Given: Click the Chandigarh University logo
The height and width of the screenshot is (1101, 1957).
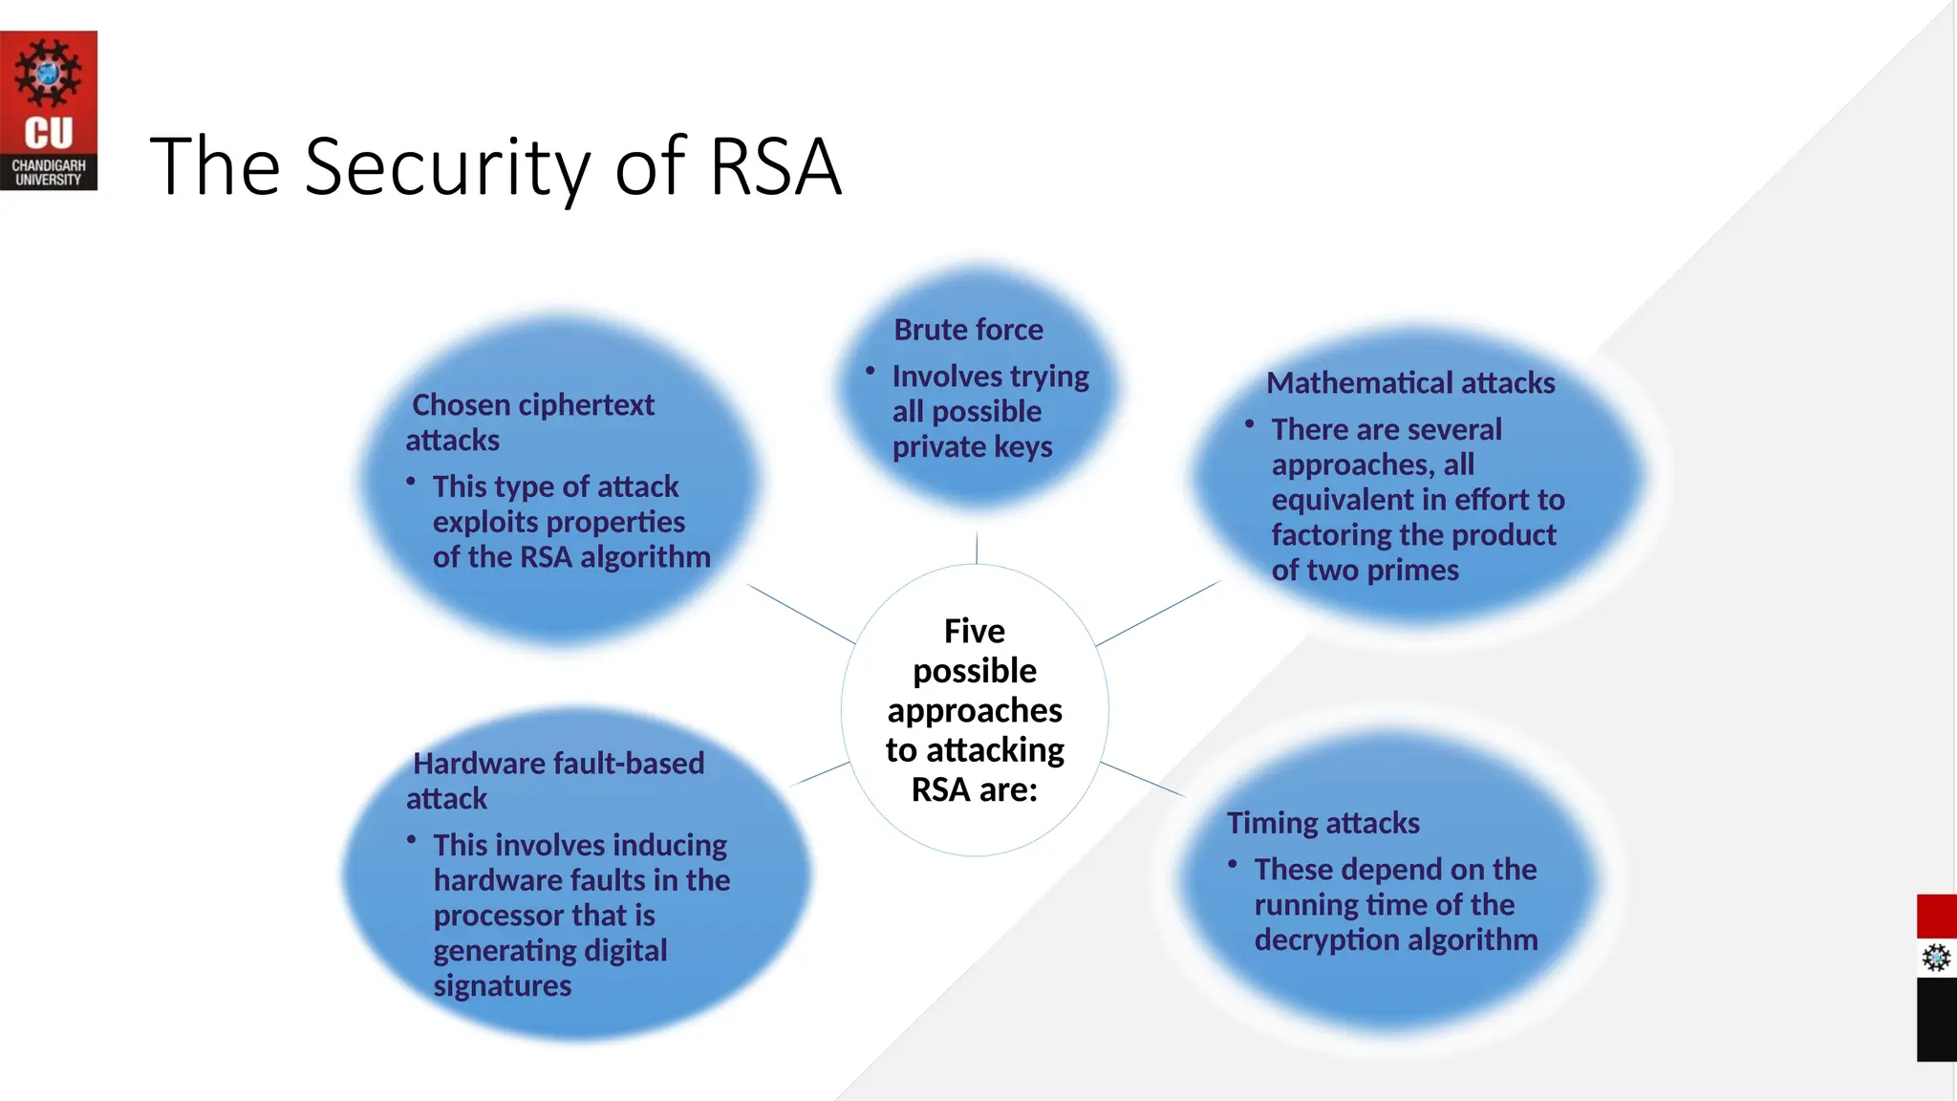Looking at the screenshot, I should point(49,111).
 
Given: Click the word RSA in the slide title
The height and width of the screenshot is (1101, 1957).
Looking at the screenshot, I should point(775,167).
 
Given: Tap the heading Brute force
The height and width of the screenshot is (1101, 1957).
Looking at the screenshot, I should point(968,330).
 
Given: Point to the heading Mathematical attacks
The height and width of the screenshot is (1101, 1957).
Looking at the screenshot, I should point(1410,383).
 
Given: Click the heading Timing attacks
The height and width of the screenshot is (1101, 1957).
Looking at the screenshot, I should point(1323,823).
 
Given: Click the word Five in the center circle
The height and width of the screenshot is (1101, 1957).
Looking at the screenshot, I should point(974,631).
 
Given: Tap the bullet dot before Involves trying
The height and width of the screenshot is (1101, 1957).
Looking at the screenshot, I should point(871,371).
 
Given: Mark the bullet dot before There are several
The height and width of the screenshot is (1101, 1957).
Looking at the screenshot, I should point(1249,423).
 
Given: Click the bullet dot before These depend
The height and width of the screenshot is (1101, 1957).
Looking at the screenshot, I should point(1233,864).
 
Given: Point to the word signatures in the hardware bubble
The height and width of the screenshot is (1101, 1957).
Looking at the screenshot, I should point(503,985).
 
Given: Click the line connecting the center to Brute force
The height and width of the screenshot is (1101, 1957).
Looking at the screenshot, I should point(977,548).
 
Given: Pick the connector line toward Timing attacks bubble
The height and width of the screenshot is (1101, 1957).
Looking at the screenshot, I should point(1143,780).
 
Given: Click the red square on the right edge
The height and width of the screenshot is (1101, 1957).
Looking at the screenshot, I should point(1936,917).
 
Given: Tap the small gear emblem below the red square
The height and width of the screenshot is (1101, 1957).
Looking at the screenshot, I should point(1936,958).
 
